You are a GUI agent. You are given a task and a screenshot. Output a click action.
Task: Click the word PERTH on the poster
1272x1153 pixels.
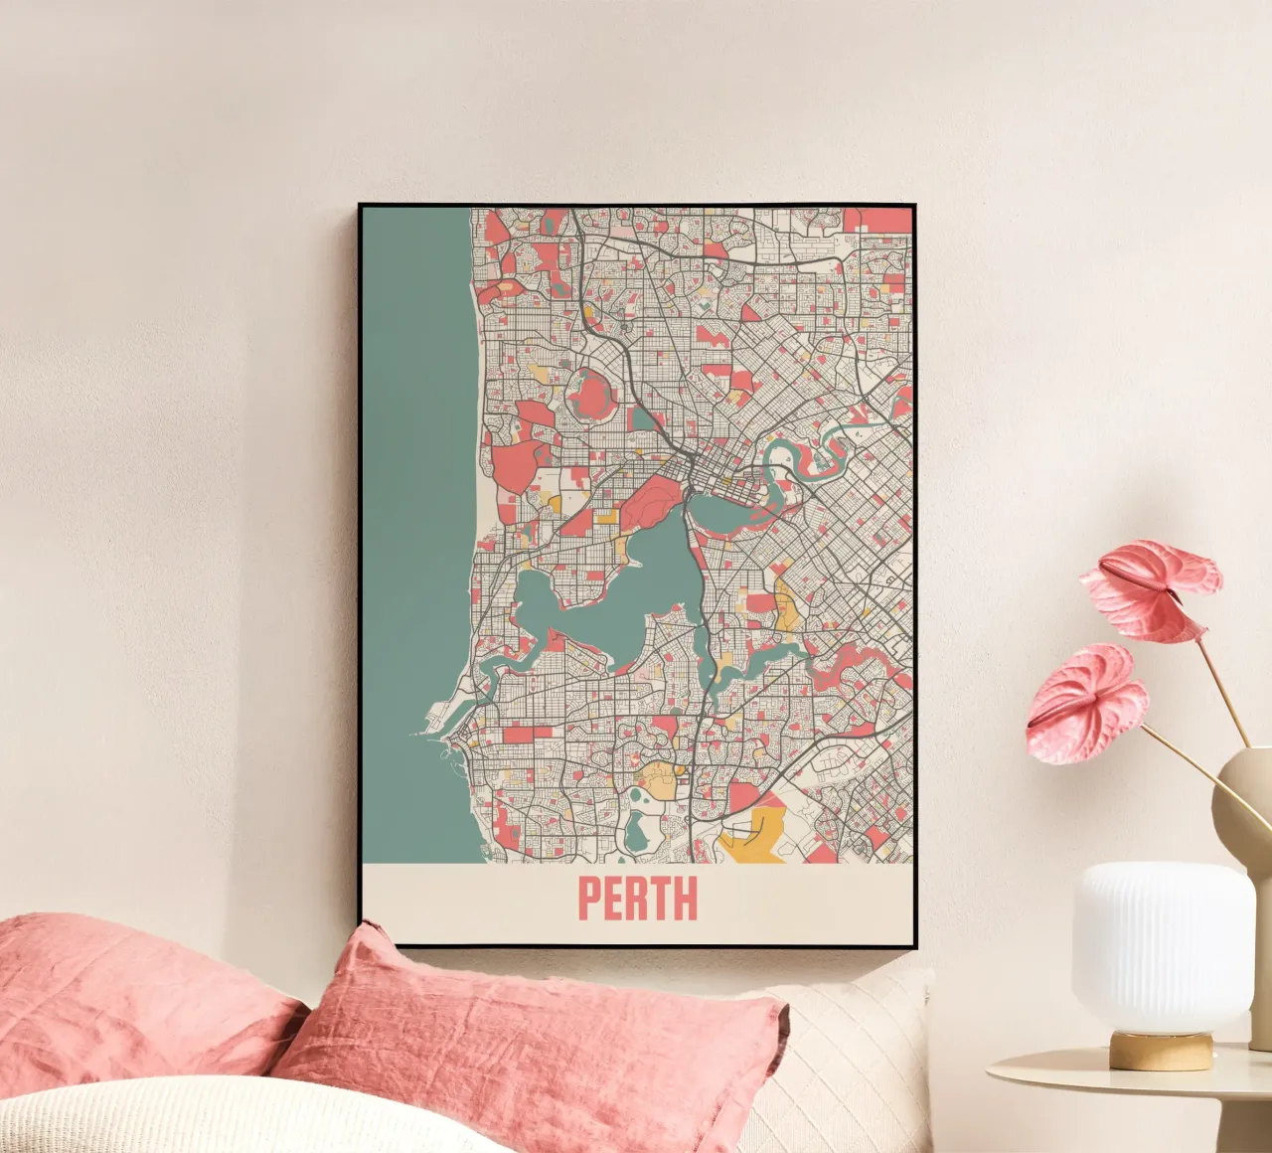(x=638, y=899)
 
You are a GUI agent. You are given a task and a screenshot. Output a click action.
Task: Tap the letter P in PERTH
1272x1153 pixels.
(x=589, y=899)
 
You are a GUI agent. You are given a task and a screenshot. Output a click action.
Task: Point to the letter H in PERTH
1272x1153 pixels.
(x=686, y=899)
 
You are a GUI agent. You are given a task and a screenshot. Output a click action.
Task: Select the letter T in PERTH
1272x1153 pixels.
(x=661, y=899)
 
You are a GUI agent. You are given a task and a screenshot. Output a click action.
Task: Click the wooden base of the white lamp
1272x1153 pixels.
(x=1162, y=1050)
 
